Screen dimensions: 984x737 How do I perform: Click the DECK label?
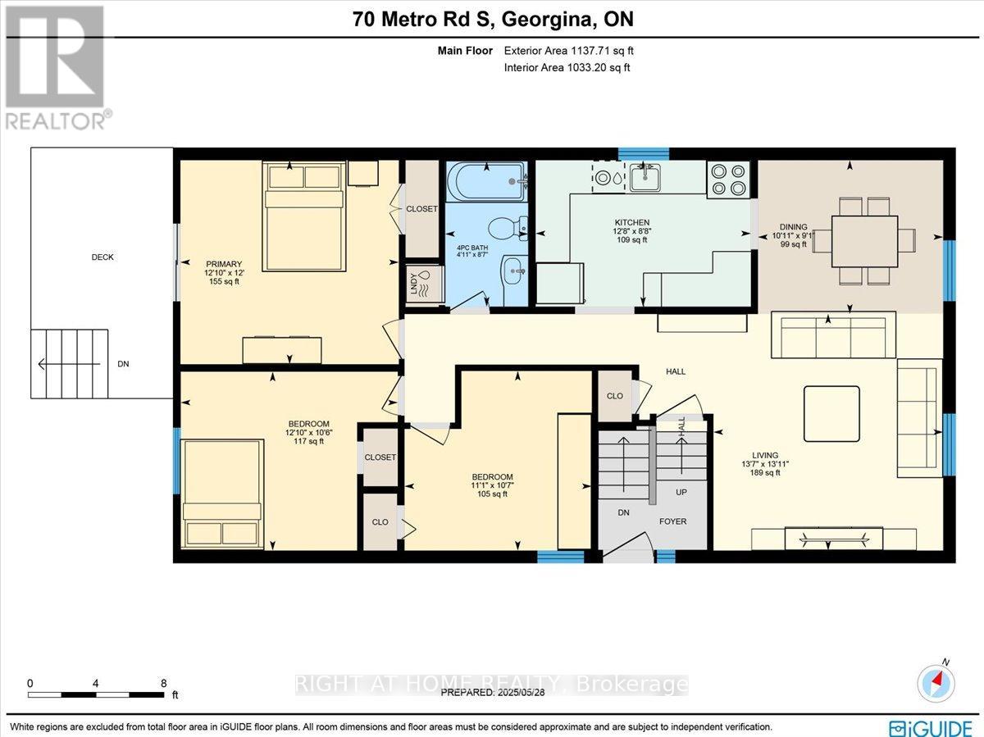pyautogui.click(x=102, y=257)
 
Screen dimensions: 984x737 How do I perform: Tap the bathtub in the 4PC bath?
pyautogui.click(x=487, y=181)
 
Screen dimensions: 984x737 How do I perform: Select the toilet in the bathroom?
pyautogui.click(x=507, y=228)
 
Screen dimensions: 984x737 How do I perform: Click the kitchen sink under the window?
pyautogui.click(x=645, y=177)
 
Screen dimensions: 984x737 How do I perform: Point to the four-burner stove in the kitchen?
pyautogui.click(x=728, y=180)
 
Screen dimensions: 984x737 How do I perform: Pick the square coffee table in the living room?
pyautogui.click(x=831, y=413)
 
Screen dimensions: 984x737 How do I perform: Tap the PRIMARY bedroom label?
pyautogui.click(x=224, y=264)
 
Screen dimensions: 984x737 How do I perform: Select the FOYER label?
pyautogui.click(x=672, y=521)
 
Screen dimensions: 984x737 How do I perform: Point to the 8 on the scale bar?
pyautogui.click(x=164, y=683)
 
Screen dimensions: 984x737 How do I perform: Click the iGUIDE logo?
pyautogui.click(x=931, y=727)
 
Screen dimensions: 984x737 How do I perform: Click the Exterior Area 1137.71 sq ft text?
pyautogui.click(x=568, y=51)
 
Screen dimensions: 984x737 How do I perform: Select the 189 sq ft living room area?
pyautogui.click(x=765, y=472)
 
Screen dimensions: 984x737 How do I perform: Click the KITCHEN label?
pyautogui.click(x=632, y=222)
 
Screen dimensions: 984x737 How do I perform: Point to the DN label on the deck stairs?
pyautogui.click(x=123, y=364)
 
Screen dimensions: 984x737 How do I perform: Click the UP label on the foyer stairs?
pyautogui.click(x=681, y=492)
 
